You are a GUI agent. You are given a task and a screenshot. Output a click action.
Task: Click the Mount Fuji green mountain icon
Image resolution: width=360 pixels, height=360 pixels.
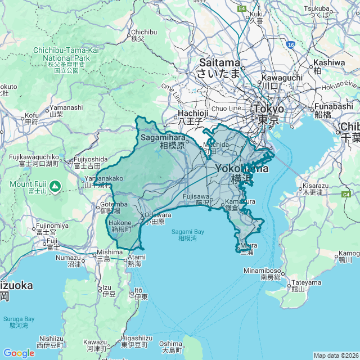pos(55,185)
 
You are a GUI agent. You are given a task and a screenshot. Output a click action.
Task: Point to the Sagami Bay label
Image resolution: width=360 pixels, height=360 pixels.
pos(188,235)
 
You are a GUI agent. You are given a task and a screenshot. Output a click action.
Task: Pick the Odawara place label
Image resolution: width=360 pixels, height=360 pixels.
pos(157,218)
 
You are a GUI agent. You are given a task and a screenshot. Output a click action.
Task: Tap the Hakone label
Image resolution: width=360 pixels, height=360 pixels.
pos(120,226)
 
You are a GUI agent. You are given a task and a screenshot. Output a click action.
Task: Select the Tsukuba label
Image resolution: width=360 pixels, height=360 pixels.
pos(318,12)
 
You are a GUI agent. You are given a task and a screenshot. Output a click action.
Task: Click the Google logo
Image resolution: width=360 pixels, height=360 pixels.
pos(19,353)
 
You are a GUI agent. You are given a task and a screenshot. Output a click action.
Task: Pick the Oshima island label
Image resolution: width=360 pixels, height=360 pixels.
pos(170,347)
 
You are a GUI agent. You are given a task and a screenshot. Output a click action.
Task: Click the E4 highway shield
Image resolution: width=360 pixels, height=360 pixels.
pos(242,8)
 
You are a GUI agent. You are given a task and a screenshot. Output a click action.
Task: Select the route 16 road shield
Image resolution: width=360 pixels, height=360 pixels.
pos(290,44)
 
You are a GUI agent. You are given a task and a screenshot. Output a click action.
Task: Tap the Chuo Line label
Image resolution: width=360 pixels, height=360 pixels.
pos(226,108)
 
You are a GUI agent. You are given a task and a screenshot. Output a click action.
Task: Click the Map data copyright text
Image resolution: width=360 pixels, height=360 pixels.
pos(335,355)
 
